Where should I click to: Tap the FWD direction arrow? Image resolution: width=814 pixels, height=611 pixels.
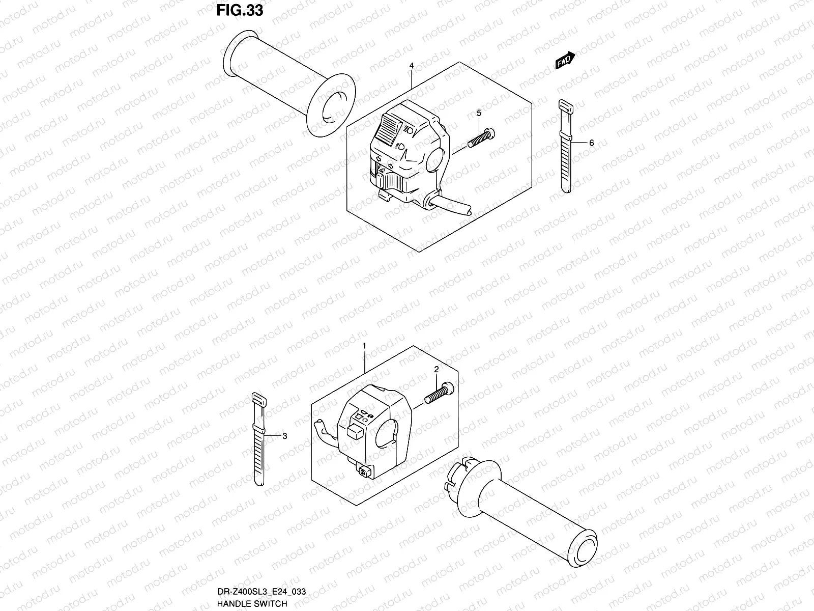pos(565,60)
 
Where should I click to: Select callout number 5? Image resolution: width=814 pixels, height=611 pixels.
pos(479,112)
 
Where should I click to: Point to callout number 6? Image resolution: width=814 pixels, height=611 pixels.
pos(591,144)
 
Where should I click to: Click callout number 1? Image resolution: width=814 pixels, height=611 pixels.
pos(364,346)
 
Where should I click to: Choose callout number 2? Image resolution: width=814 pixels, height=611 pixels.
pos(436,370)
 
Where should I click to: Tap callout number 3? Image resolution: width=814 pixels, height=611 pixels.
pos(284,436)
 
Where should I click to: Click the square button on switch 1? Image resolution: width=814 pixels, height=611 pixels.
pos(355,433)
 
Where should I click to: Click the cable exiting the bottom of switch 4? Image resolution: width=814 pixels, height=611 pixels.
pos(450,208)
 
